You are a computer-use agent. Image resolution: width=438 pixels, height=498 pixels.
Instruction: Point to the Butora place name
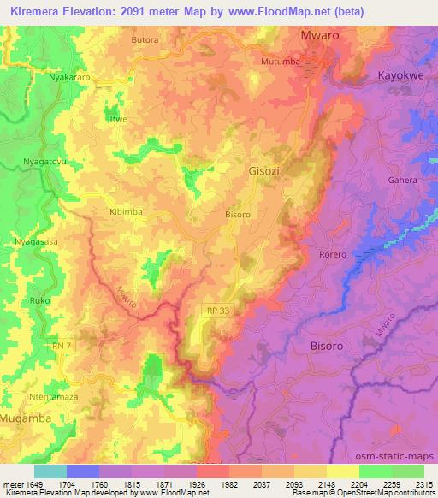[146, 40]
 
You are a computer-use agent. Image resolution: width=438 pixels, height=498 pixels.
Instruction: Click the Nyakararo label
[69, 76]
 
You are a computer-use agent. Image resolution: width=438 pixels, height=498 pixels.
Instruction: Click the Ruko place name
[40, 301]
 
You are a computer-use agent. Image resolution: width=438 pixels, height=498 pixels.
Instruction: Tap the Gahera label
[403, 181]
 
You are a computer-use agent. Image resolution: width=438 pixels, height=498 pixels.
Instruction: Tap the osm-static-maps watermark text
[400, 456]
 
